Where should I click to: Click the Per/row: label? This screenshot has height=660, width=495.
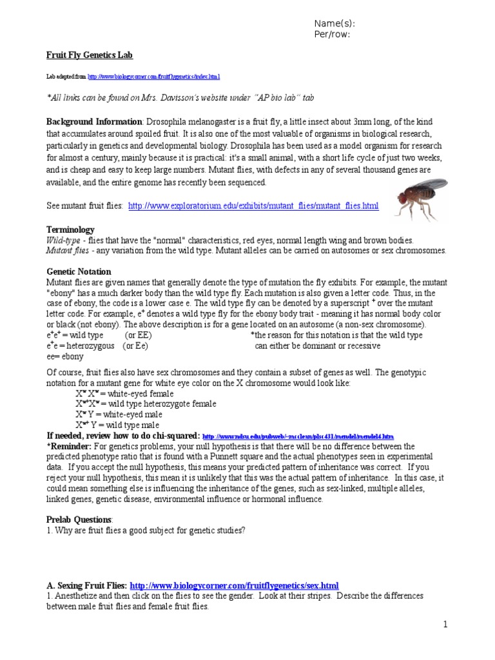tap(331, 35)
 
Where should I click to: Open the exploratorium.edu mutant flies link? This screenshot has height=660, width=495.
tap(253, 206)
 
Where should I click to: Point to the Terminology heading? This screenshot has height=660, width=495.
tap(70, 229)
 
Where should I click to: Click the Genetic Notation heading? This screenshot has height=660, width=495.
tap(79, 272)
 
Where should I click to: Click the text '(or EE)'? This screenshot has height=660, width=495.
tap(139, 335)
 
